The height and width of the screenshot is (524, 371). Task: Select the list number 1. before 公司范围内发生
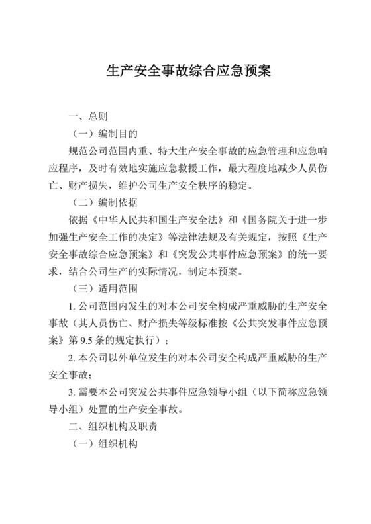[x=72, y=306]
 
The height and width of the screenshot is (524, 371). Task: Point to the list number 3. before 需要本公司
[x=72, y=392]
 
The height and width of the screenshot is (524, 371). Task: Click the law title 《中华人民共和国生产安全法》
[x=154, y=220]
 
